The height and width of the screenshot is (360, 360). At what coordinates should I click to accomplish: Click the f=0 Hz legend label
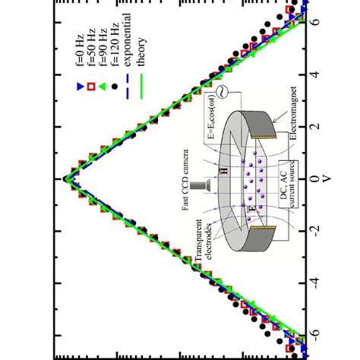tap(80, 50)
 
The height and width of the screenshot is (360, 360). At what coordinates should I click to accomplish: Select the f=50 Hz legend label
tap(91, 47)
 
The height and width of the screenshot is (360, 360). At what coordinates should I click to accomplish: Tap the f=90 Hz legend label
tap(103, 47)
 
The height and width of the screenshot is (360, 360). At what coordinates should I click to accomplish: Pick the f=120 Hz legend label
tap(115, 44)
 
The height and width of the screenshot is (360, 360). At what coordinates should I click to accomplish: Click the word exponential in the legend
tap(128, 39)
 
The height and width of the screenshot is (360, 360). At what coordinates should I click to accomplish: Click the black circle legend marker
tap(115, 87)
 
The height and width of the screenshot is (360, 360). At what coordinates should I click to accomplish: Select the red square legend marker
tap(91, 87)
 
